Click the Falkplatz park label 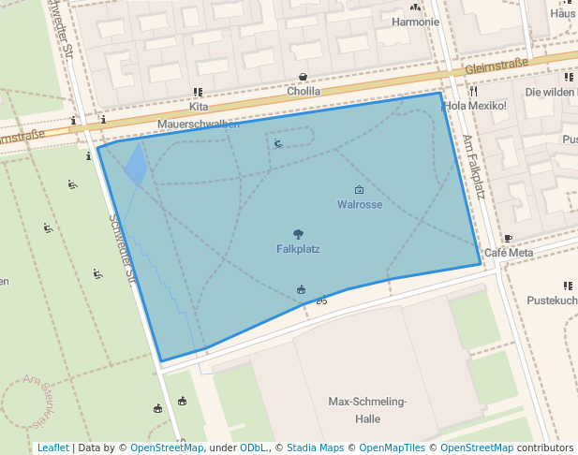(298, 249)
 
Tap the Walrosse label (360, 204)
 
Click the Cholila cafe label (304, 92)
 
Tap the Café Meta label (509, 253)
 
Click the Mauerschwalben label (198, 124)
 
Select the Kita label (198, 107)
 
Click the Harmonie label (416, 22)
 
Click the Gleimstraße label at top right (496, 66)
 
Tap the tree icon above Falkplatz (298, 234)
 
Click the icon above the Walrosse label (359, 190)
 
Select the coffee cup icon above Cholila (303, 77)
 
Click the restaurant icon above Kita (198, 92)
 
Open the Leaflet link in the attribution (52, 448)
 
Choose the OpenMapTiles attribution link (392, 448)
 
